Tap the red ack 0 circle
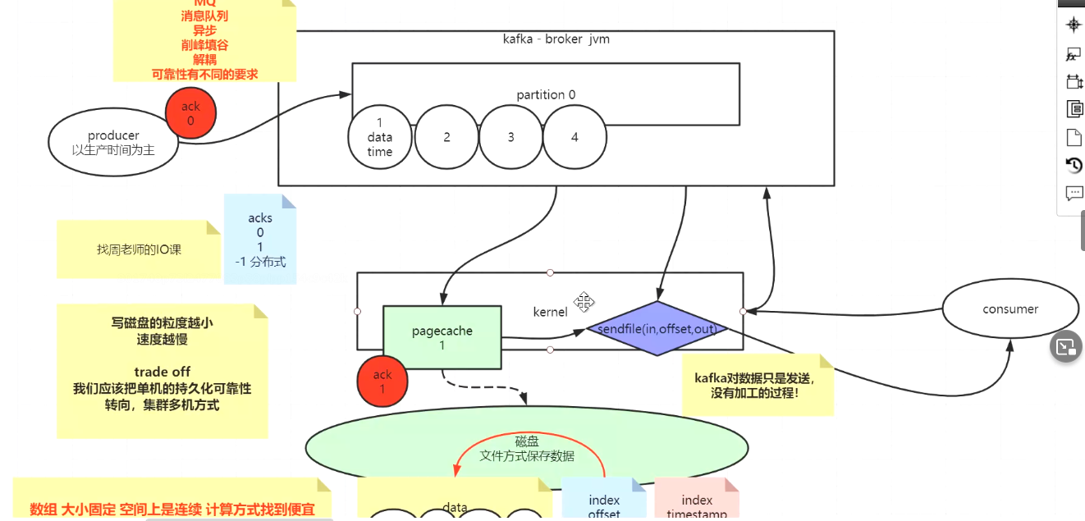pyautogui.click(x=190, y=114)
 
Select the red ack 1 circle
pyautogui.click(x=382, y=382)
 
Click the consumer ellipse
pyautogui.click(x=1010, y=309)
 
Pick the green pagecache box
pyautogui.click(x=442, y=337)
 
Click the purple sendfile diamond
pyautogui.click(x=657, y=328)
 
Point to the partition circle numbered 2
pyautogui.click(x=446, y=137)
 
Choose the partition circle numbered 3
pyautogui.click(x=510, y=137)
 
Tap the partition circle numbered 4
pyautogui.click(x=575, y=137)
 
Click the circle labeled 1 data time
pyautogui.click(x=380, y=137)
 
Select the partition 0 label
pyautogui.click(x=546, y=94)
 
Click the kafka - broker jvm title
pyautogui.click(x=556, y=39)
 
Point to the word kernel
pyautogui.click(x=550, y=312)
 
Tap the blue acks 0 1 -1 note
pyautogui.click(x=260, y=240)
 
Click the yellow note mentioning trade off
pyautogui.click(x=163, y=371)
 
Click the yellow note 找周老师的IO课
pyautogui.click(x=139, y=249)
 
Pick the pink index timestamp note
pyautogui.click(x=697, y=502)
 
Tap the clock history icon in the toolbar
pyautogui.click(x=1074, y=165)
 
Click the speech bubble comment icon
pyautogui.click(x=1074, y=194)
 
